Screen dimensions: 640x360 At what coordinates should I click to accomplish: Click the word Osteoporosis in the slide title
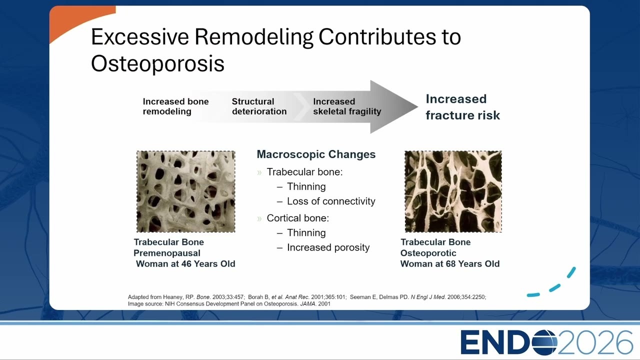tap(157, 63)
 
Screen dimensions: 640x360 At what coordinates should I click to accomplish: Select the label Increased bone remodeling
tap(175, 106)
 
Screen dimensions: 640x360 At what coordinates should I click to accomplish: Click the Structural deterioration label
tap(259, 106)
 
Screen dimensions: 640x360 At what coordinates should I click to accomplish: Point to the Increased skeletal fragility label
tap(347, 106)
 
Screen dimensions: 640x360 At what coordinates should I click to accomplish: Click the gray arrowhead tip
tap(417, 107)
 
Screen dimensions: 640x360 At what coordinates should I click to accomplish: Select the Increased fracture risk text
tap(463, 107)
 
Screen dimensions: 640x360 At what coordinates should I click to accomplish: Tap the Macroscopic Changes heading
tap(316, 154)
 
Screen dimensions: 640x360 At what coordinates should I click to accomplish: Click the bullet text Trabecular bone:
tap(304, 172)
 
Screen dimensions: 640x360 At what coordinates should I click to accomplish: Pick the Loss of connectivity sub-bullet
tap(331, 201)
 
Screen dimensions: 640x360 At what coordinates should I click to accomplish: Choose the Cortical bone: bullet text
tap(297, 218)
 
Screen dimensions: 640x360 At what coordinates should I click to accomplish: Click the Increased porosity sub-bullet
tap(328, 247)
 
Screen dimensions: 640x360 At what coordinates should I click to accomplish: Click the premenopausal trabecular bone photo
tap(185, 191)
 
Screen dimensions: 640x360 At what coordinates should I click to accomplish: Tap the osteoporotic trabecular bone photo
tap(453, 191)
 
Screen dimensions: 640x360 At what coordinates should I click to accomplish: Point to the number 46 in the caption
tap(186, 263)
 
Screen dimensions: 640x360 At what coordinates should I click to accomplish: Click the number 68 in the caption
tap(451, 263)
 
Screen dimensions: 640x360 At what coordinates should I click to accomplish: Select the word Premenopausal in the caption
tap(167, 253)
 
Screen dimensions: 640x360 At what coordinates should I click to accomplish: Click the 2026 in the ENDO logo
tap(595, 342)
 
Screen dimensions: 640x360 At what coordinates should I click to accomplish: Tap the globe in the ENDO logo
tap(543, 342)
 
